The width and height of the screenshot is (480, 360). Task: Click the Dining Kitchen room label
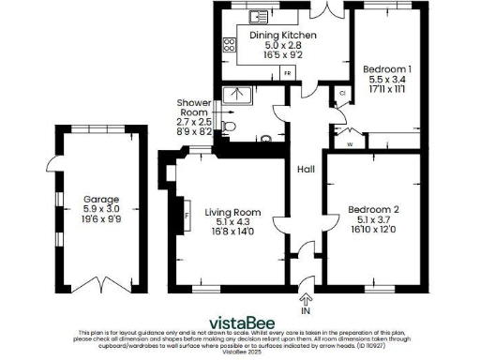(x=283, y=35)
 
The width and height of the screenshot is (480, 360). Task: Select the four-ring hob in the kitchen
(x=228, y=46)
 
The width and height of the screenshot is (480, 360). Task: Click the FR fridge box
(x=288, y=71)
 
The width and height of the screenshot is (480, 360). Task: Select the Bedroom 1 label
(x=386, y=69)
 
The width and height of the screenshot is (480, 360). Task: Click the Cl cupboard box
(x=343, y=94)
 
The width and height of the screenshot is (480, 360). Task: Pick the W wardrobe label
(x=349, y=143)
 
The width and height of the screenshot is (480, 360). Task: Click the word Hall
(x=306, y=170)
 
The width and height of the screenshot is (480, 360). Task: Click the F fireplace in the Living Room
(x=187, y=215)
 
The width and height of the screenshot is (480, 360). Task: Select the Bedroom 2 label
(x=373, y=209)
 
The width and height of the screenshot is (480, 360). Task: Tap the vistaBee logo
(x=239, y=318)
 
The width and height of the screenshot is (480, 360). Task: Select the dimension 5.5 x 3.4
(x=386, y=80)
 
